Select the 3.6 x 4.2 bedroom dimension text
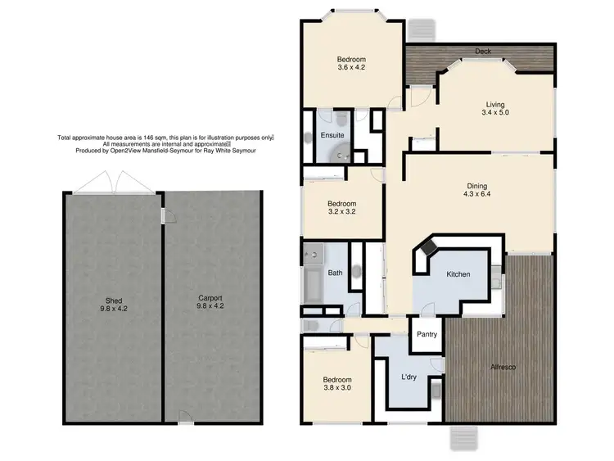pyautogui.click(x=351, y=69)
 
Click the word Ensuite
pyautogui.click(x=332, y=135)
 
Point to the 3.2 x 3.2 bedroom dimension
pyautogui.click(x=342, y=212)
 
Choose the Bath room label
pyautogui.click(x=335, y=273)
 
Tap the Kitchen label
pyautogui.click(x=458, y=274)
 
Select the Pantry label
pyautogui.click(x=427, y=334)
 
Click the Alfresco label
pyautogui.click(x=502, y=366)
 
